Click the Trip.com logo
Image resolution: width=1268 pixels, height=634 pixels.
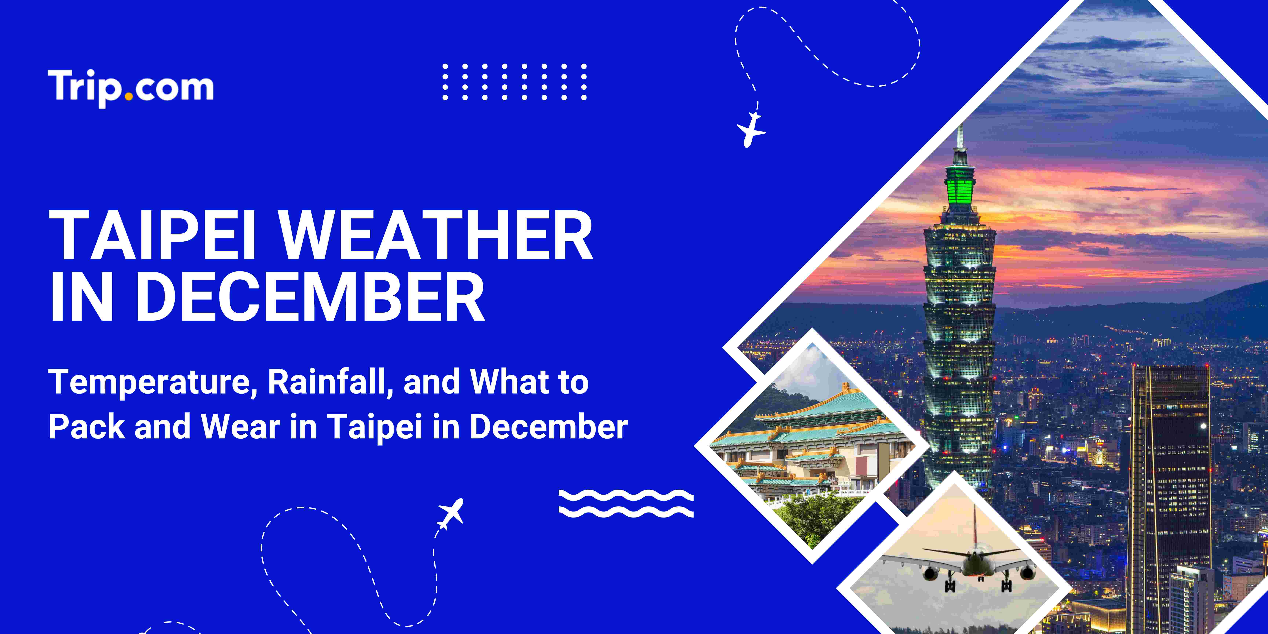(x=130, y=88)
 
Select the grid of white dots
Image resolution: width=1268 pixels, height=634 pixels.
(x=514, y=82)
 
